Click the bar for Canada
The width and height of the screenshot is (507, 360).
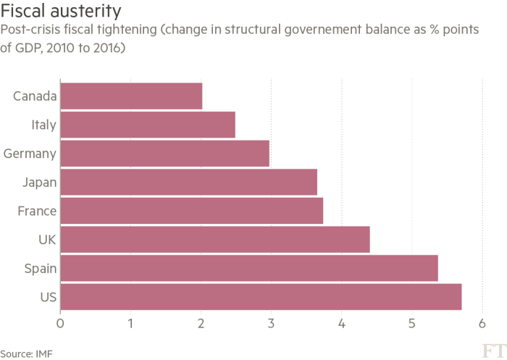coord(131,96)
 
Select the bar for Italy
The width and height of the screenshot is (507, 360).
coord(148,125)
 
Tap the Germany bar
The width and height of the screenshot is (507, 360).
coord(166,154)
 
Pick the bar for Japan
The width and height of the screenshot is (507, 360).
coord(189,182)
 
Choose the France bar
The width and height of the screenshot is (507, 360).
coord(192,210)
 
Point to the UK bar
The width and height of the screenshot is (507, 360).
coord(215,239)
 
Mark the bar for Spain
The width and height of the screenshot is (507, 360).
coord(249,267)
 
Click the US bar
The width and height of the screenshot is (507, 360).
coord(261,296)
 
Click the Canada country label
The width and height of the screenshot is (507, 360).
coord(35,96)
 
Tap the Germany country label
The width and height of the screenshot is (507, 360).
coord(30,154)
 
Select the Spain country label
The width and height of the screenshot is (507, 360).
coord(40,268)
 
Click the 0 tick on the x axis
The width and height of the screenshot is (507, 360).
coord(60,322)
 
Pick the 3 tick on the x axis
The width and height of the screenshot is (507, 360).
coord(271,322)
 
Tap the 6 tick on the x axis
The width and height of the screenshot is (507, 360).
coord(482,322)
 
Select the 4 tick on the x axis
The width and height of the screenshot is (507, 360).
coord(341,322)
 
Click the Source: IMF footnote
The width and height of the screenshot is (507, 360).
coord(27,354)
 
